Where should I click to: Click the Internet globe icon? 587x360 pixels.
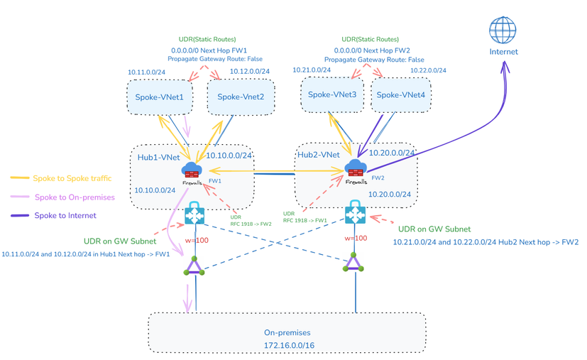(x=503, y=31)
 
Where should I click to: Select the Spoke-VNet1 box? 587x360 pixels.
(x=160, y=97)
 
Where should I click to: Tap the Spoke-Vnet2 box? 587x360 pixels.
(x=241, y=97)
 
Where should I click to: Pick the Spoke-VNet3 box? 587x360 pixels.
(x=332, y=94)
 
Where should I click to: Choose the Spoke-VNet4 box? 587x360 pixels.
(x=400, y=94)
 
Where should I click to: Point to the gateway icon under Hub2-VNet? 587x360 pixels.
(x=355, y=214)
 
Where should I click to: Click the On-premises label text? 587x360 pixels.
(x=287, y=332)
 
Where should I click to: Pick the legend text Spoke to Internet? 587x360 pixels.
(x=65, y=215)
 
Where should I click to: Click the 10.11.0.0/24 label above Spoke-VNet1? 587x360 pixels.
(x=146, y=72)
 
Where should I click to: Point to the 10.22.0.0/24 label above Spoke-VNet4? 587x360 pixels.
(x=428, y=70)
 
